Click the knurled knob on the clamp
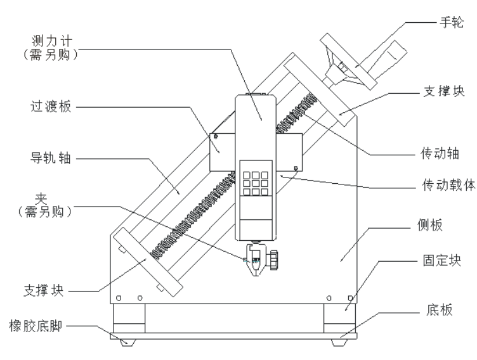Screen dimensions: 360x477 coord(275,259)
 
